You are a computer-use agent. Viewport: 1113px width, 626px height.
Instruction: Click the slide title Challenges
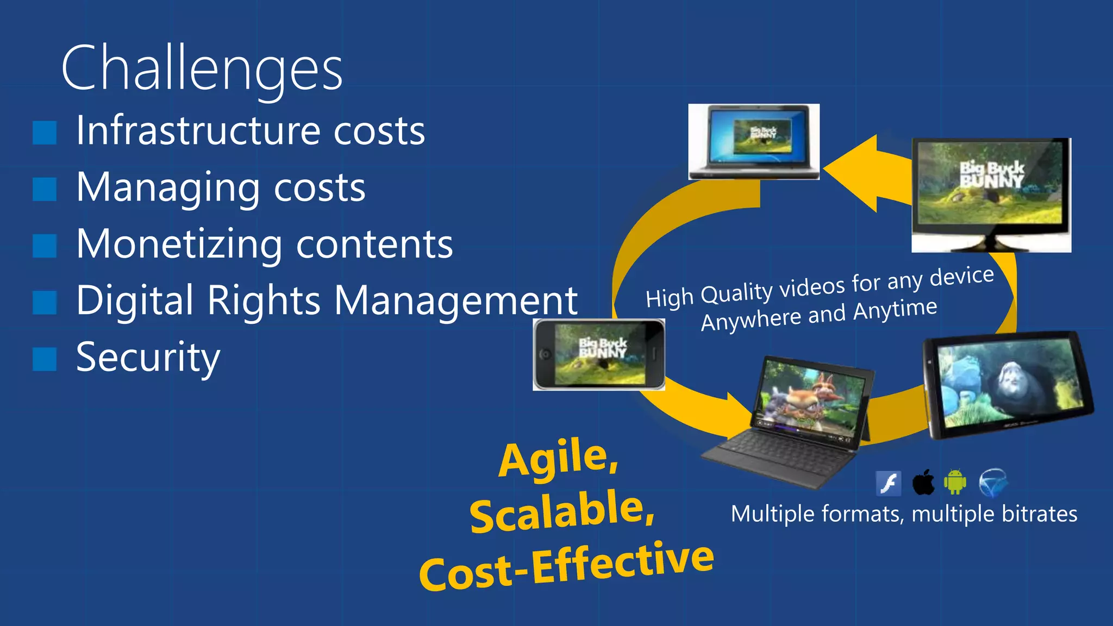point(202,69)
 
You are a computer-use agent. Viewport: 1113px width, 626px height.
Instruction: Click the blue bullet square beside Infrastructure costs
point(45,133)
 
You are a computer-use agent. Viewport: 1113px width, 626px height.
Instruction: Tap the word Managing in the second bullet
point(168,188)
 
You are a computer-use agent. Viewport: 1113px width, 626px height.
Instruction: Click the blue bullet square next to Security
point(45,359)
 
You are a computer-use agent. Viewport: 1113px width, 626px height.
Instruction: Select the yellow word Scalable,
point(562,511)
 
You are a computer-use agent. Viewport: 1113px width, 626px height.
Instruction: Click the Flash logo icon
point(889,483)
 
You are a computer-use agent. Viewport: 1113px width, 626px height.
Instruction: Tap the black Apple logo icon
point(923,482)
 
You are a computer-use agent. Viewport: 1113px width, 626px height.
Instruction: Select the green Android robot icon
point(955,482)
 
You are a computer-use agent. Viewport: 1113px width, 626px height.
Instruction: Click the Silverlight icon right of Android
point(993,483)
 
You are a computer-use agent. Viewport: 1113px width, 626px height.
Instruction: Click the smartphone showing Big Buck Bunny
point(599,354)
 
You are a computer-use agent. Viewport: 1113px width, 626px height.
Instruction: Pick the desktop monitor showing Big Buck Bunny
point(991,194)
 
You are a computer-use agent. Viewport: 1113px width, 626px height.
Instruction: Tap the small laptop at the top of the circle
point(754,141)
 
